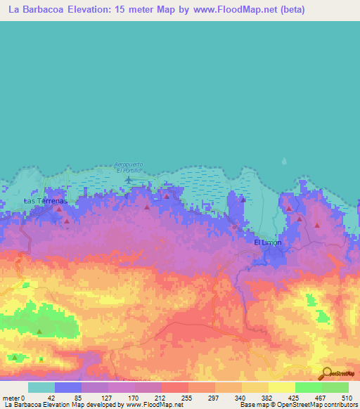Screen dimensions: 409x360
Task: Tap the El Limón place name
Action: [x=267, y=242]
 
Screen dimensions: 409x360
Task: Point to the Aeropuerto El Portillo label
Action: [x=129, y=167]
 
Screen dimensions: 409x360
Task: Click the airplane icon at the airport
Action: [x=128, y=178]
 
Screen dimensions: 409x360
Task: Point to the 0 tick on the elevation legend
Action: [x=24, y=398]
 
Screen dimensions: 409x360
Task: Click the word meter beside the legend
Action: [x=11, y=398]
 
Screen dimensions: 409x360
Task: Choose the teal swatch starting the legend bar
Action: [x=41, y=387]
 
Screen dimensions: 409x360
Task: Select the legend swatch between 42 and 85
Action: [x=68, y=387]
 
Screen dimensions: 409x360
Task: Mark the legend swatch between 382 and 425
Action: [x=282, y=387]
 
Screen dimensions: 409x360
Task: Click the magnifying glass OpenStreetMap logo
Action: [x=327, y=373]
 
